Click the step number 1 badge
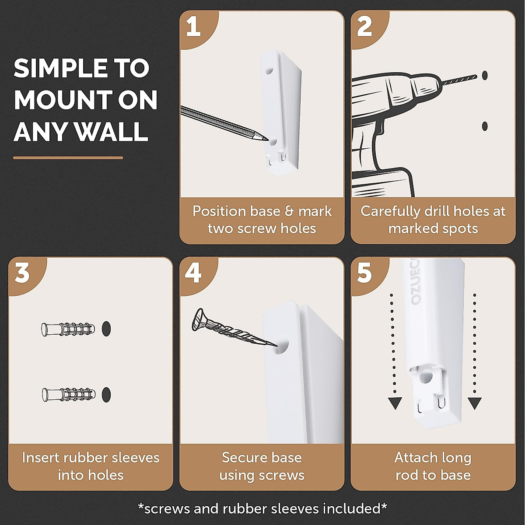pyautogui.click(x=193, y=27)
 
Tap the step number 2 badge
pyautogui.click(x=364, y=27)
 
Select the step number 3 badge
pyautogui.click(x=22, y=273)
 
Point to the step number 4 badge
pyautogui.click(x=193, y=273)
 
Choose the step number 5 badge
pyautogui.click(x=364, y=273)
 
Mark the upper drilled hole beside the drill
pyautogui.click(x=485, y=75)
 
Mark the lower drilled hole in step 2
pyautogui.click(x=485, y=126)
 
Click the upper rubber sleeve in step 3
pyautogui.click(x=68, y=329)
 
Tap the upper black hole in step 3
pyautogui.click(x=106, y=329)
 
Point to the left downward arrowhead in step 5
pyautogui.click(x=395, y=403)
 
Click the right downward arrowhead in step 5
pyautogui.click(x=475, y=403)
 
